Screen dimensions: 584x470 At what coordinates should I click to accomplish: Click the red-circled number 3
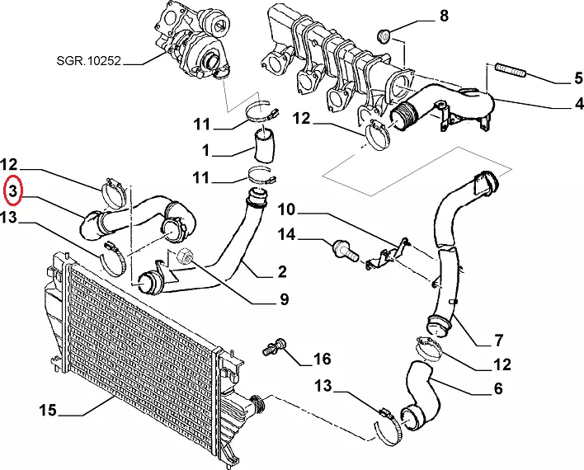click(x=13, y=191)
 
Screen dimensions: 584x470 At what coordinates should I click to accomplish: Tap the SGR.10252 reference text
click(x=88, y=60)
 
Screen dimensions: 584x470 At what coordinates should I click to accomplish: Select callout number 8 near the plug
click(x=444, y=16)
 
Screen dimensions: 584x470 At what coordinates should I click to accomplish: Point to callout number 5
click(x=577, y=78)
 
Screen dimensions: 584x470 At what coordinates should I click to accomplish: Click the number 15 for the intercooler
click(x=48, y=410)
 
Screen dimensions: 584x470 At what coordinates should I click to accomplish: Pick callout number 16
click(x=323, y=359)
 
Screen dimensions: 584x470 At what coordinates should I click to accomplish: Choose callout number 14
click(x=286, y=235)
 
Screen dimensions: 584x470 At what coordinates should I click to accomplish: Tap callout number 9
click(x=285, y=298)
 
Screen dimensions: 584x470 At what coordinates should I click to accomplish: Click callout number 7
click(x=498, y=340)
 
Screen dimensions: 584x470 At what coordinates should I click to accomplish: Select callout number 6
click(x=498, y=388)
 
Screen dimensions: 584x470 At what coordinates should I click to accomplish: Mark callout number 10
click(x=286, y=209)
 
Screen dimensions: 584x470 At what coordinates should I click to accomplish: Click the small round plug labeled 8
click(x=384, y=35)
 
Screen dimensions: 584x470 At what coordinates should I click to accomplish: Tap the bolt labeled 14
click(x=346, y=251)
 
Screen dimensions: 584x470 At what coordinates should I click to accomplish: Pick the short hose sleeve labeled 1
click(x=264, y=145)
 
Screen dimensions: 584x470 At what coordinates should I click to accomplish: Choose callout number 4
click(x=578, y=103)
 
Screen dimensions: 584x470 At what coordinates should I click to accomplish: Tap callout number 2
click(x=282, y=271)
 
